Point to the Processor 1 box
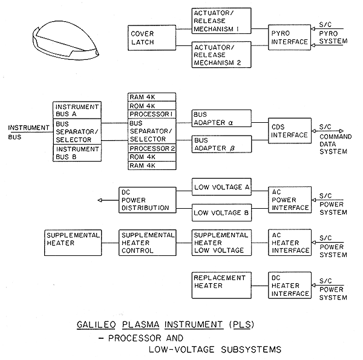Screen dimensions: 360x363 point(152,115)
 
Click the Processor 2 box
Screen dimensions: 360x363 point(152,148)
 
